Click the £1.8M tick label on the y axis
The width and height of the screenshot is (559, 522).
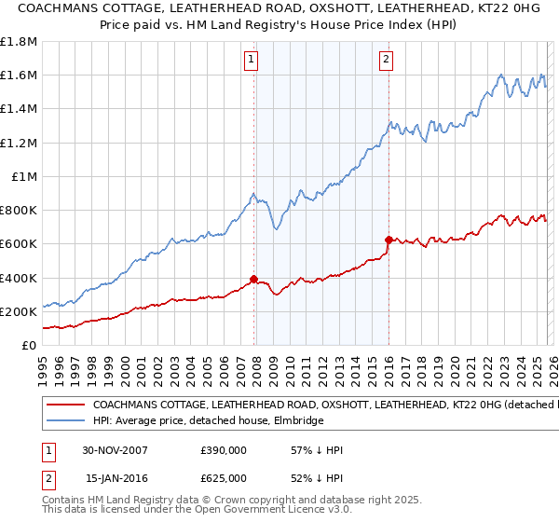pos(19,42)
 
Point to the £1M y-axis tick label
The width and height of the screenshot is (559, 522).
pos(23,176)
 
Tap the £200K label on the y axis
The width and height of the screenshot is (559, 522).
pos(19,311)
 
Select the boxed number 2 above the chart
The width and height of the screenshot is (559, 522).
pos(386,61)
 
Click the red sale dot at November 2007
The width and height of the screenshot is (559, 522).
pos(254,279)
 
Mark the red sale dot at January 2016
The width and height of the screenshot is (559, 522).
pos(389,240)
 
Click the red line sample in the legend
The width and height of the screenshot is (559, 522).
pos(64,405)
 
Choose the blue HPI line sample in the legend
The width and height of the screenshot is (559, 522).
pos(64,421)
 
